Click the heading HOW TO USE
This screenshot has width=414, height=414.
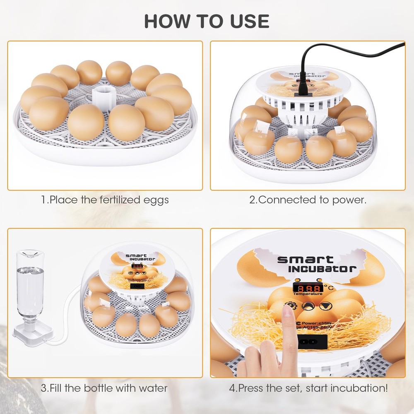pyautogui.click(x=207, y=21)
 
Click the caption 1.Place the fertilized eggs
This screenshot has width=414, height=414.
pyautogui.click(x=105, y=200)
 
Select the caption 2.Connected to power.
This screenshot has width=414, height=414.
pyautogui.click(x=307, y=200)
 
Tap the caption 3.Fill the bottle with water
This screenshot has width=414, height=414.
pyautogui.click(x=104, y=388)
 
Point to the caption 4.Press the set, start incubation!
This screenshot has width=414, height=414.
pyautogui.click(x=308, y=388)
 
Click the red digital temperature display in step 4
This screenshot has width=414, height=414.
pyautogui.click(x=307, y=288)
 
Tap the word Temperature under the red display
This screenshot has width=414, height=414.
pyautogui.click(x=308, y=294)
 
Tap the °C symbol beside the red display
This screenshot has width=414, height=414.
pyautogui.click(x=327, y=286)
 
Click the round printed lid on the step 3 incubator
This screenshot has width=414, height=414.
pyautogui.click(x=138, y=269)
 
